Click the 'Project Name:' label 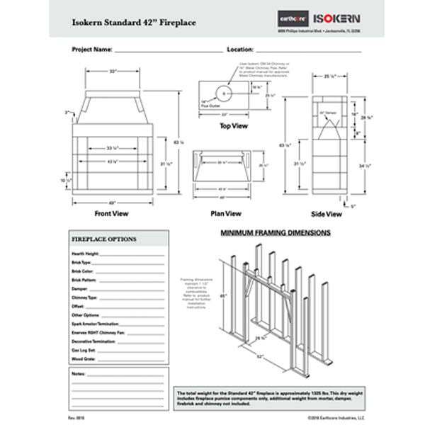coord(92,50)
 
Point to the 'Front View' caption coord(112,212)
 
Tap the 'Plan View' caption coord(226,213)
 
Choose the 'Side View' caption coord(327,213)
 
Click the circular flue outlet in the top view coord(224,93)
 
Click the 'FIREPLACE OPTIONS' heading coord(104,239)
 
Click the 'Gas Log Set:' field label coord(84,350)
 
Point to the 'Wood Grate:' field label coord(84,359)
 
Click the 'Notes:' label coord(79,373)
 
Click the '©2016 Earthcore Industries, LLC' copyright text coord(336,419)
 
